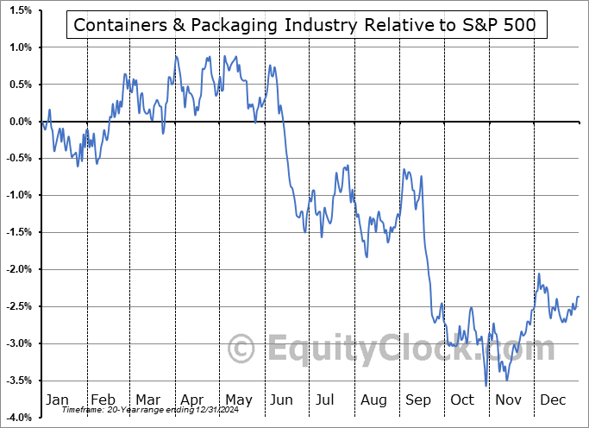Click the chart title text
coord(305,26)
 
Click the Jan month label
coord(56,400)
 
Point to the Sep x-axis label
coord(418,400)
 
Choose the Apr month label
coord(192,400)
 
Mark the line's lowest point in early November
coord(486,386)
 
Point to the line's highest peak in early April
coord(176,56)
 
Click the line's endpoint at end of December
coord(578,297)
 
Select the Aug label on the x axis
coord(373,400)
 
